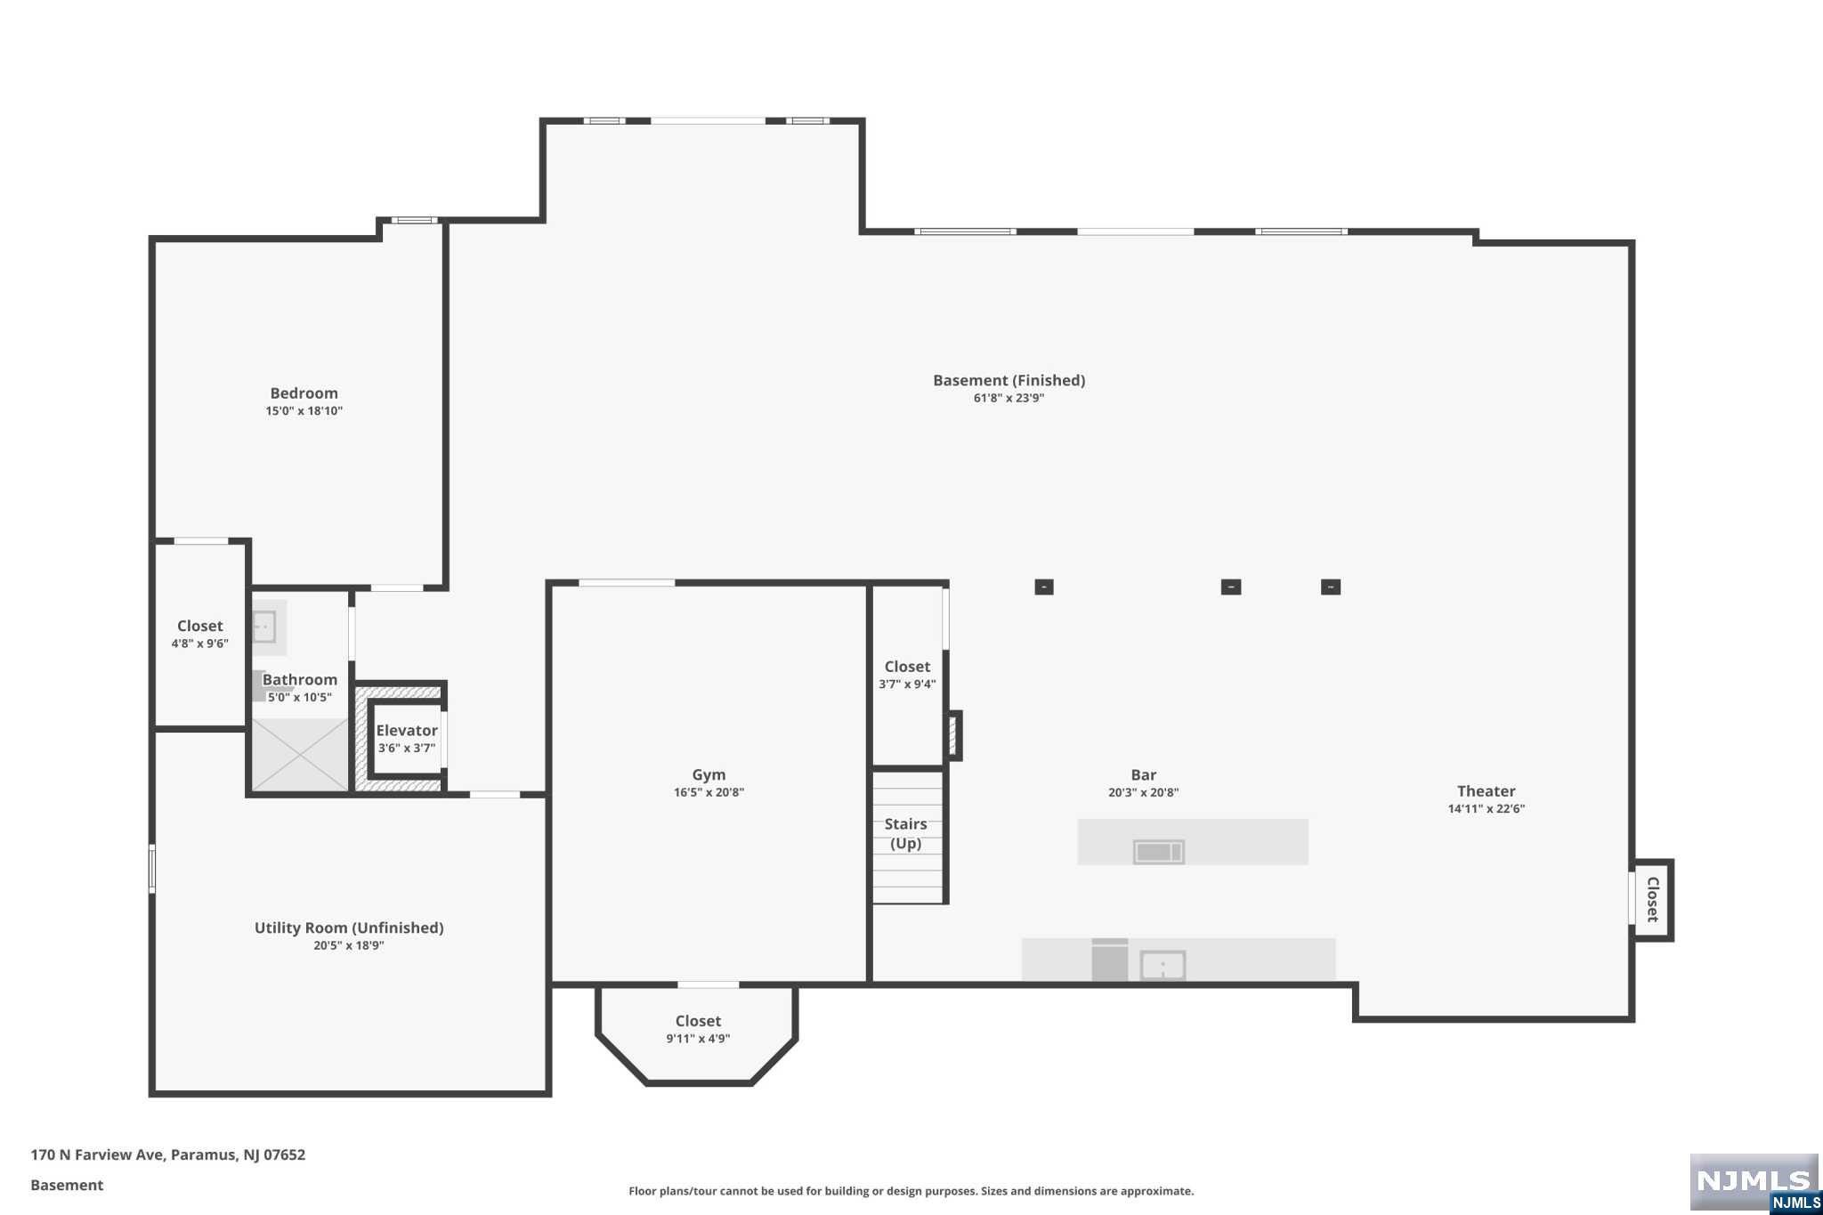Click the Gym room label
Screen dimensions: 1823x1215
pyautogui.click(x=709, y=774)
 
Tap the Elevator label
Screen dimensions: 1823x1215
pyautogui.click(x=407, y=730)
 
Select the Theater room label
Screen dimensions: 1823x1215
pyautogui.click(x=1486, y=790)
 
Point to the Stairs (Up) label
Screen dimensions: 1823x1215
pyautogui.click(x=905, y=833)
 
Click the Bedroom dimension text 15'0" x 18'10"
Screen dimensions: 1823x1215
pyautogui.click(x=304, y=410)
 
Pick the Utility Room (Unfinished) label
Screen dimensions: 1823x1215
pyautogui.click(x=349, y=927)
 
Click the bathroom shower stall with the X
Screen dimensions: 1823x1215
pyautogui.click(x=300, y=754)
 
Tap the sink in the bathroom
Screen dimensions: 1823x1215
pyautogui.click(x=263, y=627)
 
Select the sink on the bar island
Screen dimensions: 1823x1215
pyautogui.click(x=1158, y=852)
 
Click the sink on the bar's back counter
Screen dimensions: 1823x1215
pyautogui.click(x=1163, y=965)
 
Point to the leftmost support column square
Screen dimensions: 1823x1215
pyautogui.click(x=1044, y=587)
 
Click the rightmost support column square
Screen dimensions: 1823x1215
pyautogui.click(x=1331, y=587)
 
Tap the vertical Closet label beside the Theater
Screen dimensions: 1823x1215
pyautogui.click(x=1653, y=899)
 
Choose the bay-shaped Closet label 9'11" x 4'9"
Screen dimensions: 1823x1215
pyautogui.click(x=698, y=1021)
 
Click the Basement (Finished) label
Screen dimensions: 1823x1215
pyautogui.click(x=1009, y=380)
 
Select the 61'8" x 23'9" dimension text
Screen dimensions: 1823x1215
pyautogui.click(x=1009, y=398)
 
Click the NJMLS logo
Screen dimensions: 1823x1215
pyautogui.click(x=1754, y=1182)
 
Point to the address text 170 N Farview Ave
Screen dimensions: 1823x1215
pyautogui.click(x=97, y=1154)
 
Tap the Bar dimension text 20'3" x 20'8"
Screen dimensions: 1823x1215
pyautogui.click(x=1143, y=792)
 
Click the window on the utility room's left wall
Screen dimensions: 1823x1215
pyautogui.click(x=152, y=868)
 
